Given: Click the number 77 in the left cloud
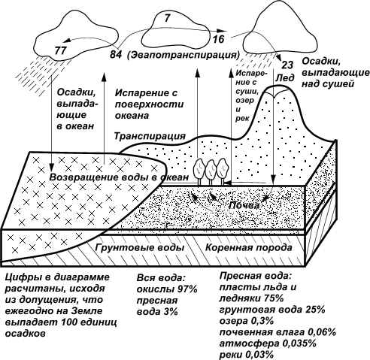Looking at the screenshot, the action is click(60, 50).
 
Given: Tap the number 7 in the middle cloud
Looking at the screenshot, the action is click(168, 18).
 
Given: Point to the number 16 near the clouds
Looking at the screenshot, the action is click(218, 39).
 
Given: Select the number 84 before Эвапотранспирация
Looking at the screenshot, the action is click(116, 54).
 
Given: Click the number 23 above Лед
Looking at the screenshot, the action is click(287, 65).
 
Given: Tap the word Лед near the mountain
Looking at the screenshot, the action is click(285, 78).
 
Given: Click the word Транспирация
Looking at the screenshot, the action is click(150, 136).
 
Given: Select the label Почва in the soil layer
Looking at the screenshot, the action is click(244, 205).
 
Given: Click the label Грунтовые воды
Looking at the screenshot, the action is click(140, 247).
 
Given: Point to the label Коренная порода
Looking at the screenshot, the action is click(249, 247).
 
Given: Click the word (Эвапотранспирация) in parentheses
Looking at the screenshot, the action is click(183, 55).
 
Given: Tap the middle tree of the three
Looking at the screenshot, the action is click(211, 171).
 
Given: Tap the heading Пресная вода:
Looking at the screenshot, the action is click(256, 276).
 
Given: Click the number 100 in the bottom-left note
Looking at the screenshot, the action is click(69, 322).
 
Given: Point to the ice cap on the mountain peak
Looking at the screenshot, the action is click(275, 91).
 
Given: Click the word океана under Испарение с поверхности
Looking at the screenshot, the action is click(132, 116).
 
